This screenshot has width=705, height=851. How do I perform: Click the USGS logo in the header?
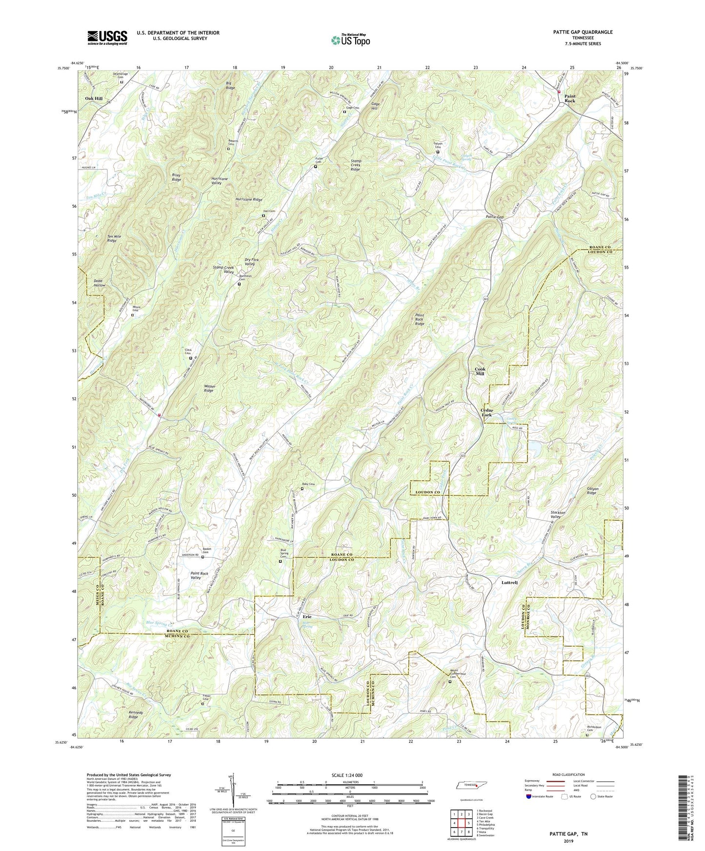[107, 38]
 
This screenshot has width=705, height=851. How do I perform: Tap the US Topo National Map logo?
[350, 40]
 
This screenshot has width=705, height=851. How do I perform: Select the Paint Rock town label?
[570, 98]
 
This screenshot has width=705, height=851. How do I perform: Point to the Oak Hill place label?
[94, 98]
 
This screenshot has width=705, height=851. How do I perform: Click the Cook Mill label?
[480, 371]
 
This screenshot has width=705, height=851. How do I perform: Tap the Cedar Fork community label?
[486, 412]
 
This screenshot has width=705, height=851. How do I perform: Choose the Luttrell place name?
[509, 582]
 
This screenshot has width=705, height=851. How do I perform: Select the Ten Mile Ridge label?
[112, 239]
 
